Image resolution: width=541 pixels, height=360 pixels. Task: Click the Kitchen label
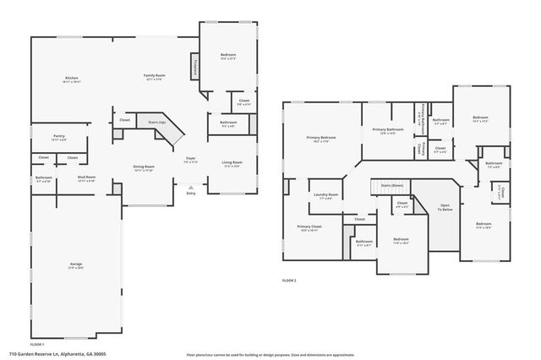(x=72, y=79)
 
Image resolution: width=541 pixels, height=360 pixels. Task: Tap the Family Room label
(x=154, y=77)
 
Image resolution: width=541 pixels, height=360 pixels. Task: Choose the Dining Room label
(x=144, y=168)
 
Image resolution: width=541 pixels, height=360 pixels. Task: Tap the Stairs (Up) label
(x=156, y=123)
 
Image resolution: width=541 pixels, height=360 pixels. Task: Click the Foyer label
(x=191, y=160)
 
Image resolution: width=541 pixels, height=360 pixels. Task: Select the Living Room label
(x=232, y=164)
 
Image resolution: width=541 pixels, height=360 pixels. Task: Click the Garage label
(x=75, y=266)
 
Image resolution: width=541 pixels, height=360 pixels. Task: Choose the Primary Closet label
(x=309, y=228)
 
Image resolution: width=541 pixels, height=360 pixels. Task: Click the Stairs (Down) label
(x=391, y=184)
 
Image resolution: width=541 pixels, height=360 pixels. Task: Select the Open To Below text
(x=445, y=208)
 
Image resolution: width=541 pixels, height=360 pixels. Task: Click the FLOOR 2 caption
(x=290, y=280)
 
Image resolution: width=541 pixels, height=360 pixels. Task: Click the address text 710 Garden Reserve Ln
(x=50, y=354)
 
